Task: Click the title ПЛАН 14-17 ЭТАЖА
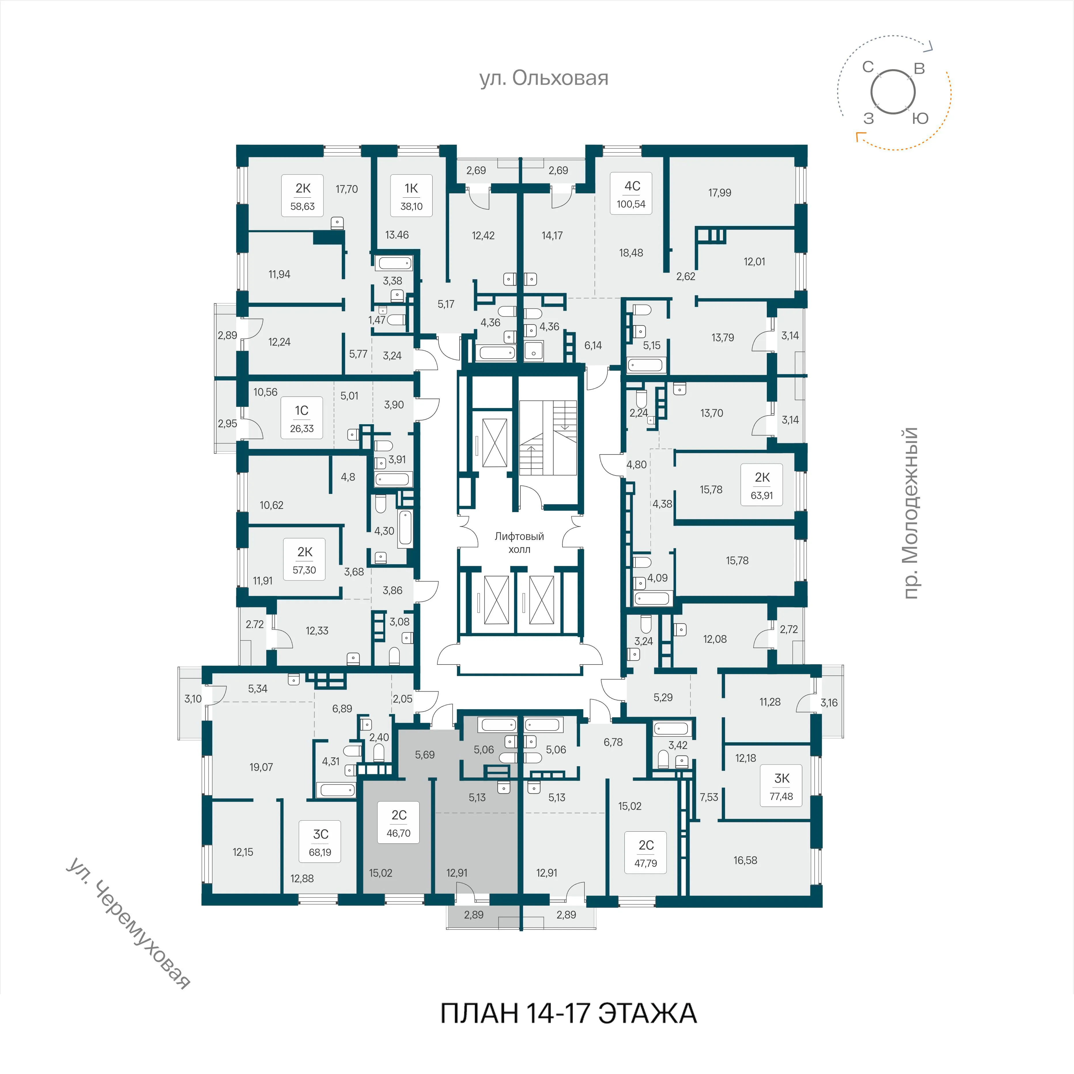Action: point(568,1013)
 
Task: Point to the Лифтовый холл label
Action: point(519,543)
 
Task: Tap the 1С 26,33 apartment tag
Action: point(302,418)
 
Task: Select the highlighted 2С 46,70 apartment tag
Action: point(399,823)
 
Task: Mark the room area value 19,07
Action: point(261,767)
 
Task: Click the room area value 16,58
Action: point(745,860)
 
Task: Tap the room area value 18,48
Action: point(631,253)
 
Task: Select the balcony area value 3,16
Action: point(829,703)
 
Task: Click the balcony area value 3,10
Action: point(193,699)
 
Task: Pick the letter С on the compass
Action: point(868,67)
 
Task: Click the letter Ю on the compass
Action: point(921,118)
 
